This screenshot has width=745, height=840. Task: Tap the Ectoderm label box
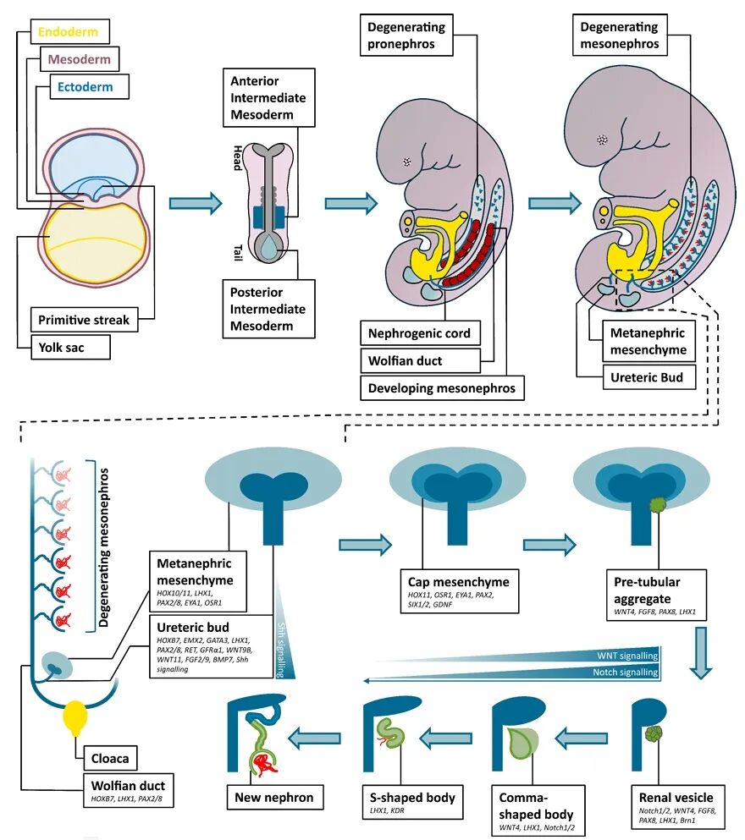[x=90, y=87]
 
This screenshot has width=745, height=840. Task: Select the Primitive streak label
[x=84, y=320]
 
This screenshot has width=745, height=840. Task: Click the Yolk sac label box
[x=70, y=347]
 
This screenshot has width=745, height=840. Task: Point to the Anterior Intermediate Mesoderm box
[x=268, y=97]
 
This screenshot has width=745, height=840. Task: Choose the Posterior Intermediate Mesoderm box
[x=268, y=309]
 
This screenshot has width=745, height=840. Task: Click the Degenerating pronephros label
[x=406, y=35]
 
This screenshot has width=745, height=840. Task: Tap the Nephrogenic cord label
[x=420, y=333]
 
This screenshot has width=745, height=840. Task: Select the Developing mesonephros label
[x=442, y=388]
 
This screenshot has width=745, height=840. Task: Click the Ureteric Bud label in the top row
[x=649, y=377]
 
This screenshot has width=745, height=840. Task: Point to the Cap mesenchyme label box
[x=460, y=591]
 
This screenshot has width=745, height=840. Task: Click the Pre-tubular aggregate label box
[x=657, y=596]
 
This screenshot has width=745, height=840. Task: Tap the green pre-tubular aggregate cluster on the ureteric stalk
[x=658, y=505]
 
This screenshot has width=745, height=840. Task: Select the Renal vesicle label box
[x=677, y=809]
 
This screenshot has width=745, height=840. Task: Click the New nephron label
[x=274, y=797]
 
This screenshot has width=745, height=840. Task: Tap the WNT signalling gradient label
[x=627, y=656]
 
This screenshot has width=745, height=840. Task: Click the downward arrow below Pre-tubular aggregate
[x=700, y=652]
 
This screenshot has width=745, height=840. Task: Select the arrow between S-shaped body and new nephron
[x=315, y=738]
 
